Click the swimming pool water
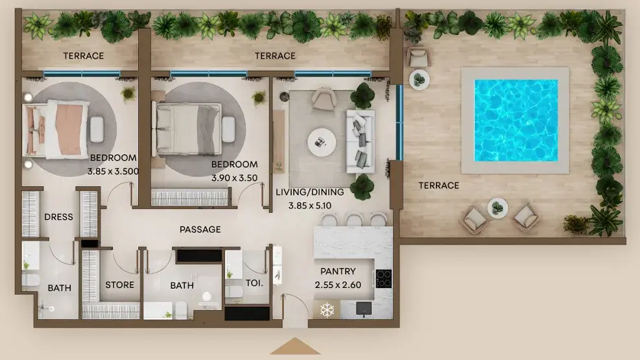pyautogui.click(x=516, y=121)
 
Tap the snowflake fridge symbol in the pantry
pyautogui.click(x=327, y=310)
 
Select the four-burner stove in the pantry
pyautogui.click(x=383, y=279)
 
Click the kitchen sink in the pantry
pyautogui.click(x=364, y=308)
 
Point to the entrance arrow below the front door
pyautogui.click(x=294, y=346)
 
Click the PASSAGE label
pyautogui.click(x=200, y=230)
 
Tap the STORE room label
pyautogui.click(x=119, y=285)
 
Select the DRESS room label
pyautogui.click(x=59, y=217)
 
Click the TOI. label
pyautogui.click(x=254, y=283)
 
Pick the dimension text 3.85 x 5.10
pyautogui.click(x=310, y=206)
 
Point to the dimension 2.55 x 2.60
pyautogui.click(x=338, y=285)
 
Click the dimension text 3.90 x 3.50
pyautogui.click(x=234, y=178)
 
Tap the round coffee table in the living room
pyautogui.click(x=322, y=143)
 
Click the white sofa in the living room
pyautogui.click(x=361, y=141)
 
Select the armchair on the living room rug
pyautogui.click(x=324, y=99)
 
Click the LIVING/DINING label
pyautogui.click(x=310, y=192)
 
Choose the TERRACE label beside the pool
pyautogui.click(x=439, y=186)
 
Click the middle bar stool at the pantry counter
pyautogui.click(x=353, y=220)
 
